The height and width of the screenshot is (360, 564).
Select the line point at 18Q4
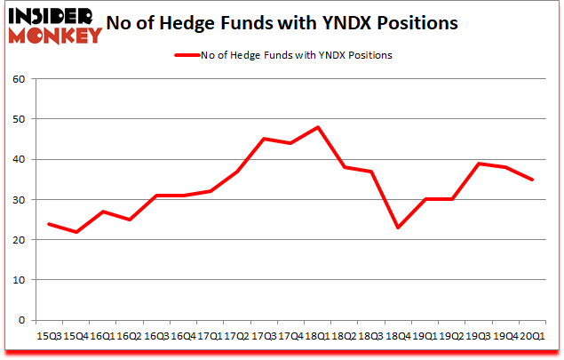[398, 228]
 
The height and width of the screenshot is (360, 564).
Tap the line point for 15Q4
[76, 232]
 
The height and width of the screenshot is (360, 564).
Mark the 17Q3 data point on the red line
[264, 139]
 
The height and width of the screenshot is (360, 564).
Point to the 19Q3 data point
[479, 164]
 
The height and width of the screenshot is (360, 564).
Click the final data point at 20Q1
[532, 180]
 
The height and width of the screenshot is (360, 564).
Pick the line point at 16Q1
[103, 212]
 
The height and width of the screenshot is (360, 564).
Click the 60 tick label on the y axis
[18, 79]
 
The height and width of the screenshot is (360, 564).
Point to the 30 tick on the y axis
[18, 200]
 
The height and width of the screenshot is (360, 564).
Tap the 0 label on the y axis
[21, 320]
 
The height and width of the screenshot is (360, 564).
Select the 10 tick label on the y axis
[18, 280]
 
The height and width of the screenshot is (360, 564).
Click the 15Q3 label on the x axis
[50, 336]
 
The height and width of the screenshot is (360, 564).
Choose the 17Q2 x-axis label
[237, 336]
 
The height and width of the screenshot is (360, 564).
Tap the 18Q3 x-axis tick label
[371, 336]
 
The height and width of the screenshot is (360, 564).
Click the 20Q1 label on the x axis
[532, 336]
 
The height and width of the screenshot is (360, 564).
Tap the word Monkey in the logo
[57, 36]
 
